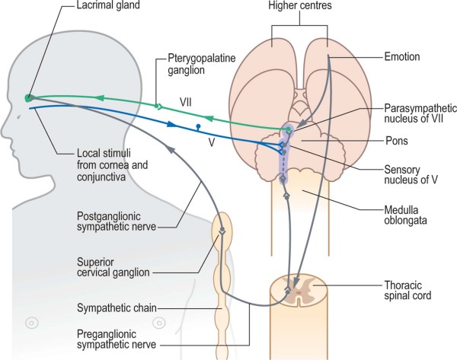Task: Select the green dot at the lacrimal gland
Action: (x=28, y=97)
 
